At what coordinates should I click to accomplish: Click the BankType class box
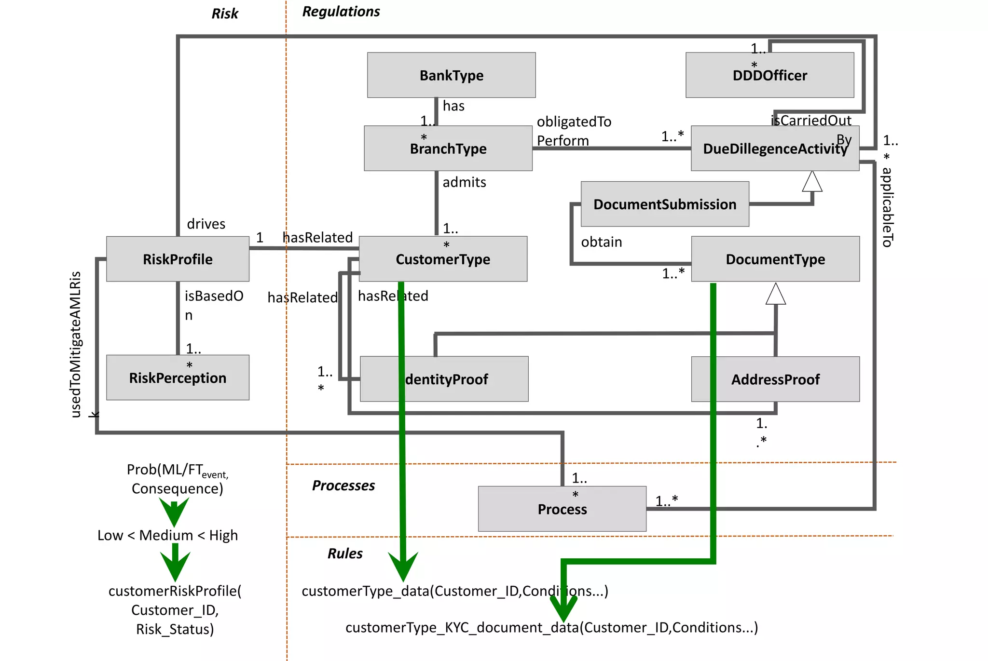click(x=451, y=75)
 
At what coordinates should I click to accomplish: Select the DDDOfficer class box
click(x=769, y=76)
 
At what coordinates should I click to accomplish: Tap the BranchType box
click(x=448, y=148)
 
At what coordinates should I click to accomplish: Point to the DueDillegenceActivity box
click(x=774, y=148)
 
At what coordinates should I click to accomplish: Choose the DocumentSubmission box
click(x=664, y=204)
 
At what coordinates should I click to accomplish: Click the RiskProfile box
click(x=178, y=259)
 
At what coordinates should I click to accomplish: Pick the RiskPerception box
click(x=178, y=378)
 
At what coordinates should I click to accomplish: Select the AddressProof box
click(x=775, y=379)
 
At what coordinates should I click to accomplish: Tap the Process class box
click(x=562, y=509)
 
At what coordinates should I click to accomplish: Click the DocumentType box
click(x=775, y=259)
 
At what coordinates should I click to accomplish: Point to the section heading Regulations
click(x=341, y=12)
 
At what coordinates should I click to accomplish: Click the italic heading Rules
click(x=344, y=553)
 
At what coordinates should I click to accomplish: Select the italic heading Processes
click(x=343, y=486)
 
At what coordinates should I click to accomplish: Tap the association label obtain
click(x=601, y=242)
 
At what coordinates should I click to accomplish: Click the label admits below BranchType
click(x=464, y=182)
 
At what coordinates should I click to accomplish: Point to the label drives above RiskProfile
click(x=206, y=224)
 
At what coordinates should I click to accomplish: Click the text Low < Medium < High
click(x=167, y=535)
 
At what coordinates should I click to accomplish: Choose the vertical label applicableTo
click(x=887, y=207)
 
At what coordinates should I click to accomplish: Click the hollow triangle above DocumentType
click(x=775, y=294)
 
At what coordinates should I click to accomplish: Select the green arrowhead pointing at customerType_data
click(x=403, y=567)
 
